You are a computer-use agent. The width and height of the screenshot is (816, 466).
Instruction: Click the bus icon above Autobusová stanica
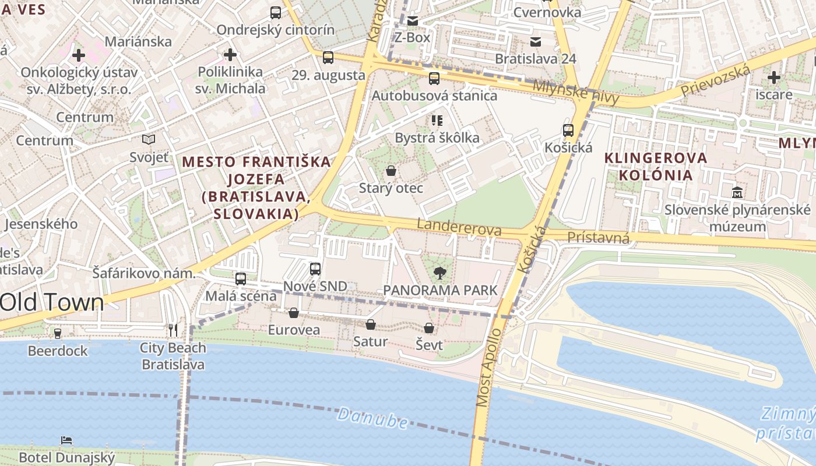coord(434,79)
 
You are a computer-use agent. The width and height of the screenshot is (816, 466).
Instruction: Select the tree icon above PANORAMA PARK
coord(440,273)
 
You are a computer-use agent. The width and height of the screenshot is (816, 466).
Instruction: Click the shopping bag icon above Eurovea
coord(294,313)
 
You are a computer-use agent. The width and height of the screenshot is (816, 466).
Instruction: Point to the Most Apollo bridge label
coord(488,368)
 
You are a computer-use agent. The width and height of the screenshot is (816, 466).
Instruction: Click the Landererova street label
coord(459,227)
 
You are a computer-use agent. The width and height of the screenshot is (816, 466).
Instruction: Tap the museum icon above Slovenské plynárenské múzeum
coord(737,192)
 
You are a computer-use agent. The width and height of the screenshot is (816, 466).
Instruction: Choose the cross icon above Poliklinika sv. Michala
coord(230,55)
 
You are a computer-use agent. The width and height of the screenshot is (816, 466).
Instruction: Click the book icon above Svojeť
coord(149,140)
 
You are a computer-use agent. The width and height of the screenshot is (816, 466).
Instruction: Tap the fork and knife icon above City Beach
coord(173,330)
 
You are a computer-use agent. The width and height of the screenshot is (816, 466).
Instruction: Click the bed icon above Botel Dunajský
coord(66,440)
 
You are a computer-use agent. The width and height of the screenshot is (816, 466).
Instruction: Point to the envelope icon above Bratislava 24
coord(535,42)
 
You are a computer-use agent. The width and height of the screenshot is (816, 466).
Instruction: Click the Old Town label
coord(52,302)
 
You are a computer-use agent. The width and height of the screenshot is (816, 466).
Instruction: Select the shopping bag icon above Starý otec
coord(391,171)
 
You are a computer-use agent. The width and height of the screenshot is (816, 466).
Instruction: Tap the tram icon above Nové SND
coord(315,269)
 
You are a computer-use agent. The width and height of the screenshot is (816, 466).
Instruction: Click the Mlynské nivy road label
coord(575,93)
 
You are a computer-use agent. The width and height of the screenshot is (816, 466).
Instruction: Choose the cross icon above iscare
coord(773,77)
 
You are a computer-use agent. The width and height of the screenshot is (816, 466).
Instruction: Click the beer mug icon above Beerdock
coord(57,334)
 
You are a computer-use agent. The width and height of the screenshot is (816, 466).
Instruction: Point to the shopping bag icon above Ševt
coord(429,328)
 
